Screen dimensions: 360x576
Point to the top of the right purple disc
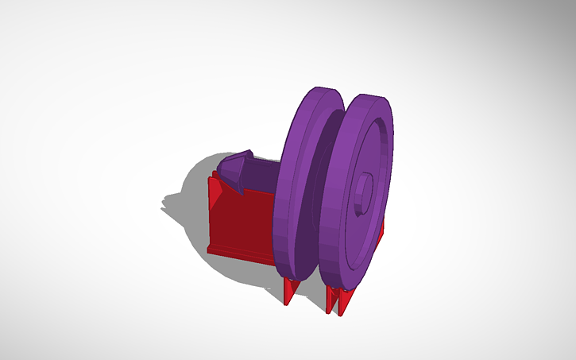click(370, 97)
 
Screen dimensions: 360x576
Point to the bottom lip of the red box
click(238, 254)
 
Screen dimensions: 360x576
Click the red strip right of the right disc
click(382, 230)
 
